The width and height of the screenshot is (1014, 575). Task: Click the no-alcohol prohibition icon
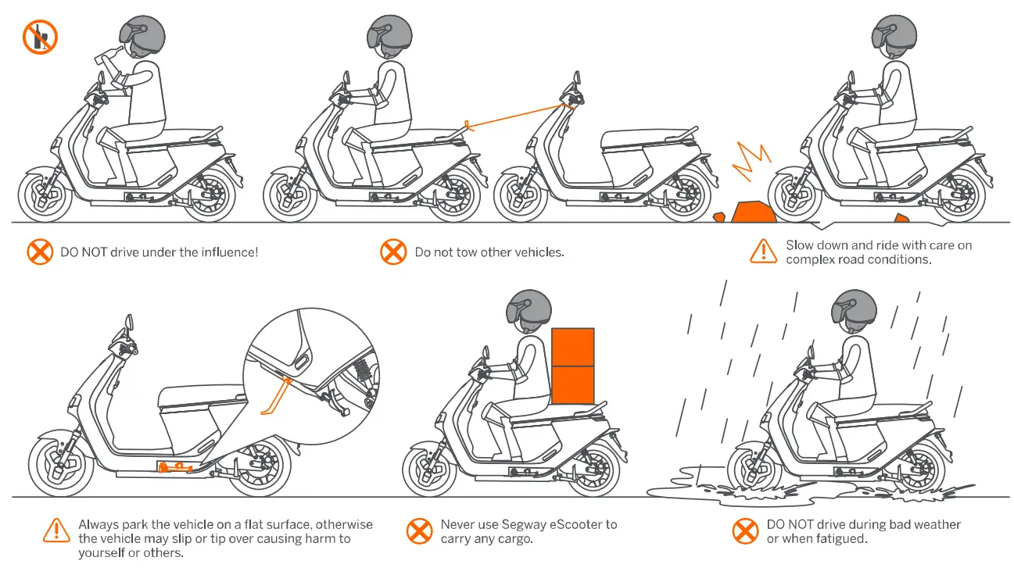click(x=40, y=37)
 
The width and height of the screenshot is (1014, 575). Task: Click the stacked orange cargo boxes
click(x=573, y=366)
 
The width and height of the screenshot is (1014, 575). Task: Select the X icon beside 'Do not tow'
click(x=392, y=252)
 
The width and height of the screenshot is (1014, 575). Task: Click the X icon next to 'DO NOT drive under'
click(x=39, y=252)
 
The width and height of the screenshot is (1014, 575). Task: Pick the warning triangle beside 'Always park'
click(x=56, y=530)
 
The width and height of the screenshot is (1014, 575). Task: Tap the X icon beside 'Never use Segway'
click(x=420, y=531)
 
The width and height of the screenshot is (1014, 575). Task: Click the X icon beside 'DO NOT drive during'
click(x=745, y=531)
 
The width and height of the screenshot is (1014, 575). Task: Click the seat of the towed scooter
click(x=632, y=140)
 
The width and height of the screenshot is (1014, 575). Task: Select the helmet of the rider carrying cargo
click(x=528, y=307)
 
